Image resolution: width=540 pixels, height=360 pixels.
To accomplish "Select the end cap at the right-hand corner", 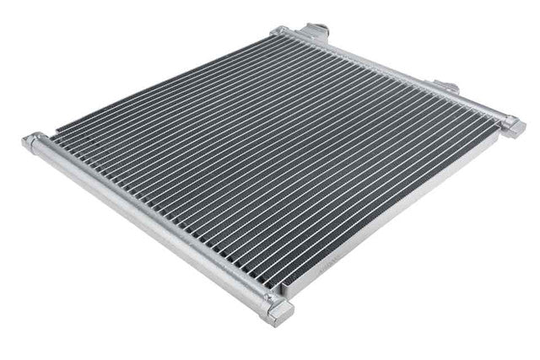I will click(x=512, y=126).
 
